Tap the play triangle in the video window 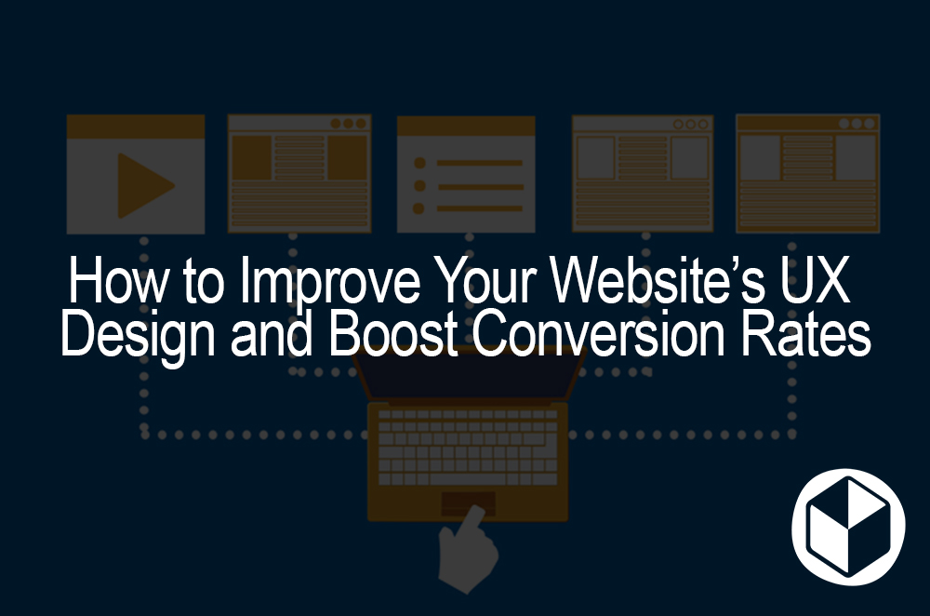pos(142,185)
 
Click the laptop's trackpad pos(467,502)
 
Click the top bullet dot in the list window pos(419,163)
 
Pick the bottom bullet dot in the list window pos(419,208)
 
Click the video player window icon pos(136,174)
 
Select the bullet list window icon pos(466,174)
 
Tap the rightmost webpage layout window pos(807,173)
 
